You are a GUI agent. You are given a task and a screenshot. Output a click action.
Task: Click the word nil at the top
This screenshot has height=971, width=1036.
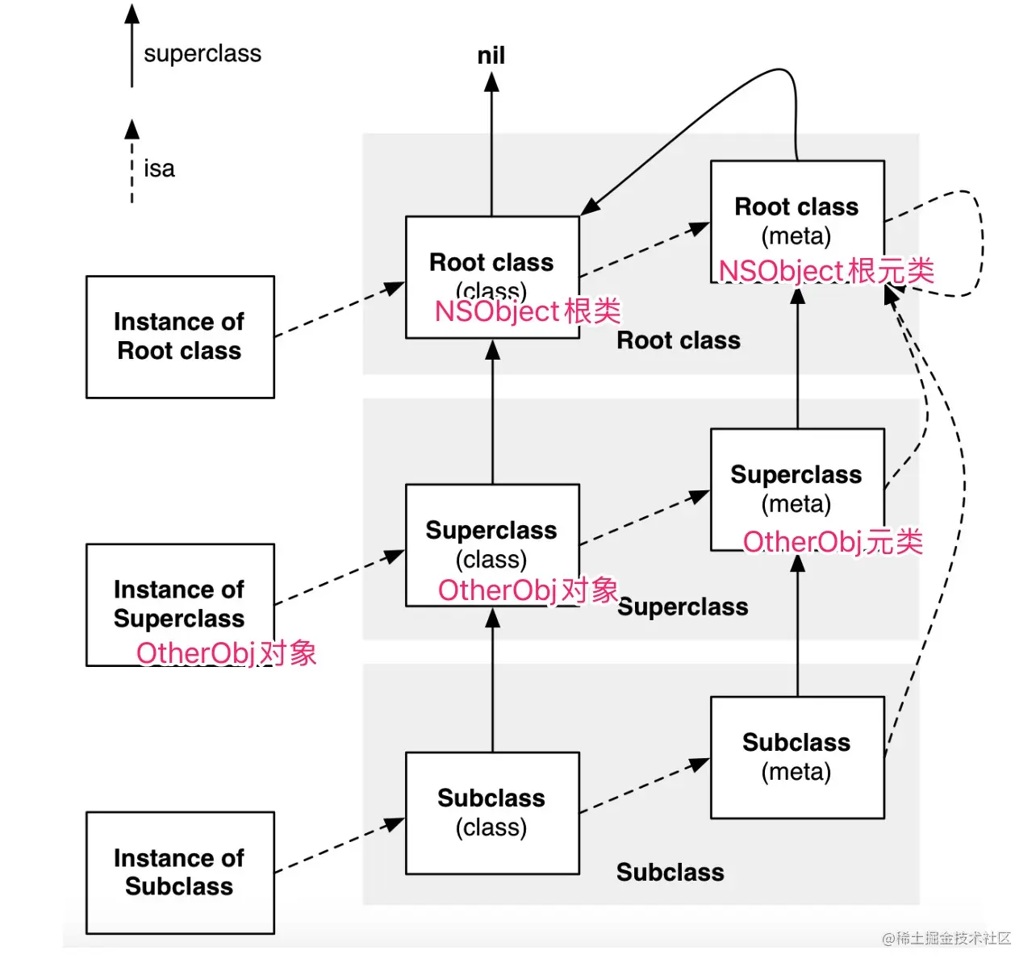click(491, 56)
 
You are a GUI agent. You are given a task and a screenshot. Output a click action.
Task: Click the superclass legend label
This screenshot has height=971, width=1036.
click(203, 54)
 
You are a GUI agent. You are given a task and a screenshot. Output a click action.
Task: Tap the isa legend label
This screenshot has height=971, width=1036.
click(159, 169)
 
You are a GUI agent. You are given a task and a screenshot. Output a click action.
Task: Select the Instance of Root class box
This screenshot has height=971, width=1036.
click(180, 337)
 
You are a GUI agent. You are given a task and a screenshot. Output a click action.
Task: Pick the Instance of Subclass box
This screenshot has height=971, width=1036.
click(180, 873)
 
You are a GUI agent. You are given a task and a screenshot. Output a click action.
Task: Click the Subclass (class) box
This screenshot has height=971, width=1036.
click(492, 813)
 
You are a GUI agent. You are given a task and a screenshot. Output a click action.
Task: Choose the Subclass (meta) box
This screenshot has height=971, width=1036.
click(797, 757)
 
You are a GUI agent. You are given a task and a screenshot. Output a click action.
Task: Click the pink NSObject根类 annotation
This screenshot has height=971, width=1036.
click(528, 311)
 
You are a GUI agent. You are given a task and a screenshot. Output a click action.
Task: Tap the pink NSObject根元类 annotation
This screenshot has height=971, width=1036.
click(826, 271)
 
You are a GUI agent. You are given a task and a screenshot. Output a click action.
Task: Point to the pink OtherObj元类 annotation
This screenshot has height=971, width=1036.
click(833, 542)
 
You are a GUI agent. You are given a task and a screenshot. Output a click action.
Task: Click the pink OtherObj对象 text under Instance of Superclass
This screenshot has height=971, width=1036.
click(226, 653)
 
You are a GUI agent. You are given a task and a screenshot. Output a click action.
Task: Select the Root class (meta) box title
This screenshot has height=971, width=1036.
click(796, 207)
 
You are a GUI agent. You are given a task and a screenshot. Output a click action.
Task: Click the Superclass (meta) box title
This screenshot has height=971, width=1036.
click(796, 475)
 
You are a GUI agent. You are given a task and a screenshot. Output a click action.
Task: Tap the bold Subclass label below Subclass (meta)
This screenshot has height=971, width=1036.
click(670, 873)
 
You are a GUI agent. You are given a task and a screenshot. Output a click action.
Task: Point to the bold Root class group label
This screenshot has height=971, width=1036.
click(678, 341)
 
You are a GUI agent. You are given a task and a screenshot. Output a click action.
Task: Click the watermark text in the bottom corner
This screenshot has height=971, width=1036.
click(946, 938)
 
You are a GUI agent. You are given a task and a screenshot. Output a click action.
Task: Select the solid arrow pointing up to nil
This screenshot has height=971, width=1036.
click(491, 145)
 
